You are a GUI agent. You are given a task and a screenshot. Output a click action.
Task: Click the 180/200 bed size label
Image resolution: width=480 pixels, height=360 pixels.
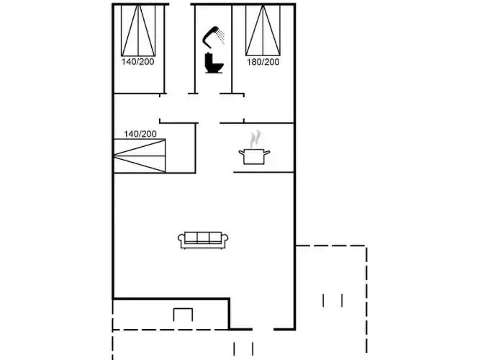pyautogui.click(x=263, y=63)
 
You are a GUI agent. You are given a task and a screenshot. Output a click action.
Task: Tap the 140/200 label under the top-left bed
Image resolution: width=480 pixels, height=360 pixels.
pyautogui.click(x=138, y=63)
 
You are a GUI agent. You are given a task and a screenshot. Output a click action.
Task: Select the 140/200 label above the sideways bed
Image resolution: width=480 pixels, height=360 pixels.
pyautogui.click(x=140, y=134)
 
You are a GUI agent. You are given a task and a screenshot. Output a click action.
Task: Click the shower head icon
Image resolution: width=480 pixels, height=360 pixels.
pyautogui.click(x=212, y=33)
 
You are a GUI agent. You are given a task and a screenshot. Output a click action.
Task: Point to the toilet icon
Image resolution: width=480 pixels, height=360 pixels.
pyautogui.click(x=213, y=63)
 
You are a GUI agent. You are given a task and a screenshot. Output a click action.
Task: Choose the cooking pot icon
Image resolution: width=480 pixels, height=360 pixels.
pyautogui.click(x=254, y=156)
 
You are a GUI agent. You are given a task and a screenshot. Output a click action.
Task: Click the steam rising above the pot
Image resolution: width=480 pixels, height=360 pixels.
pyautogui.click(x=254, y=138)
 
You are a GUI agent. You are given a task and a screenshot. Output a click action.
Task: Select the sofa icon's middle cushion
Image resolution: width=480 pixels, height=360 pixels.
pyautogui.click(x=204, y=239)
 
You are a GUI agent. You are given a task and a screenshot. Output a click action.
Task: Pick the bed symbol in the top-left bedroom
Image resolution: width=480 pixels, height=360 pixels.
pyautogui.click(x=139, y=32)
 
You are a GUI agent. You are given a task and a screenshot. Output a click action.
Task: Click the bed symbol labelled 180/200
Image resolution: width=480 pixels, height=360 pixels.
pyautogui.click(x=263, y=32)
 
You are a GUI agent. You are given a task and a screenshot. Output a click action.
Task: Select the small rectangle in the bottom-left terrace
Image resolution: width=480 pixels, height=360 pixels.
pyautogui.click(x=184, y=315)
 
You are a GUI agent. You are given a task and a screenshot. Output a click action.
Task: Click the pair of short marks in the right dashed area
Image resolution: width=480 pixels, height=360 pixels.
pyautogui.click(x=332, y=300)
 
